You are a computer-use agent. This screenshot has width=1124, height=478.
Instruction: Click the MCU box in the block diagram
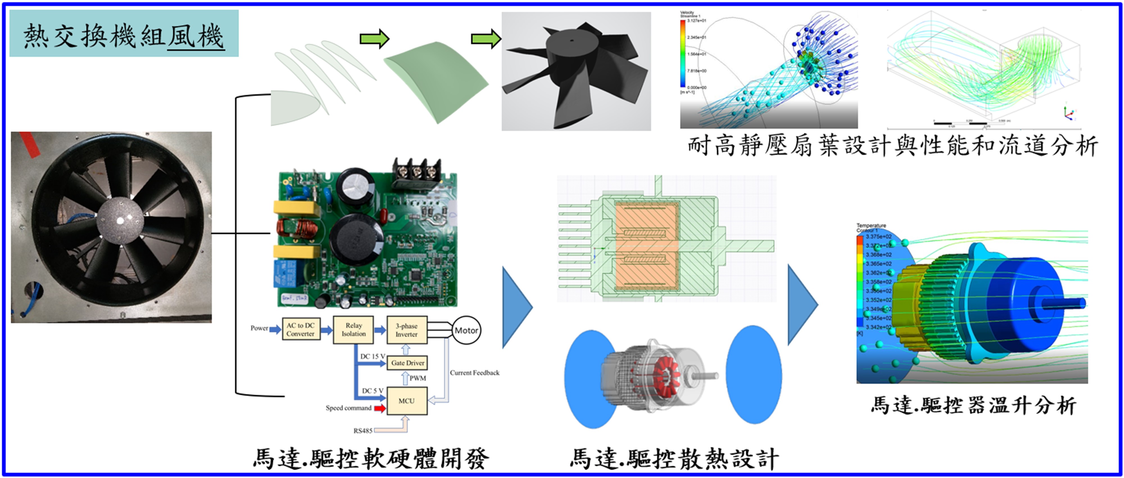point(406,401)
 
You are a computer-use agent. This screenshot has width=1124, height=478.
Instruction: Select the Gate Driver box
point(407,363)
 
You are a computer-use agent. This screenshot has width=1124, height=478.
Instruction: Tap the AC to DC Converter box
point(301,329)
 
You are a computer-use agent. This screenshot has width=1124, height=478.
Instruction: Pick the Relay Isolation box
point(353,329)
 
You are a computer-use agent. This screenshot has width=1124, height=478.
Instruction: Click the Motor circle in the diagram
point(466,330)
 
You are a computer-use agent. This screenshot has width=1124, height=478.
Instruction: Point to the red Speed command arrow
point(380,408)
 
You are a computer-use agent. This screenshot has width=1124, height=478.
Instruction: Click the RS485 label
point(362,431)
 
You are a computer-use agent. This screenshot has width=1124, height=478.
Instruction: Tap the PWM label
point(418,378)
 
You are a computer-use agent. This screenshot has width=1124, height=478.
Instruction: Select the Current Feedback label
point(474,373)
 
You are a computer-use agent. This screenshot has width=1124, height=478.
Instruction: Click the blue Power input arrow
point(275,329)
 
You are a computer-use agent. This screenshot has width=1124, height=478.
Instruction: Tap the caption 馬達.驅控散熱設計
point(674,459)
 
